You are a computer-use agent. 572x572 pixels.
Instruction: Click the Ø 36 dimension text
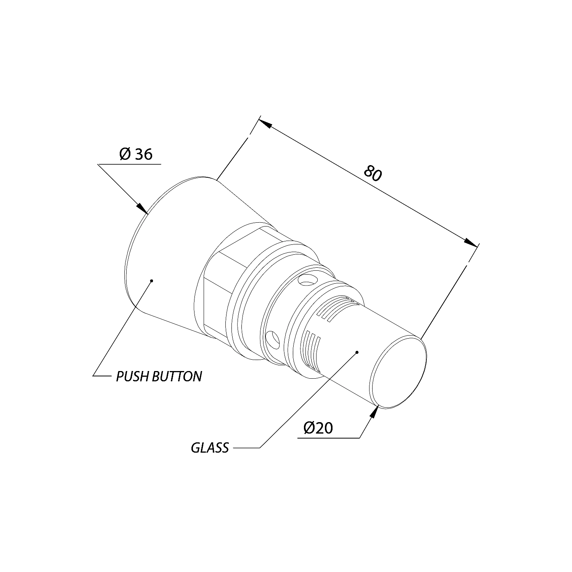[x=136, y=154]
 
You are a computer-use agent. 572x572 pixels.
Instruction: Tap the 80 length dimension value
[x=373, y=173]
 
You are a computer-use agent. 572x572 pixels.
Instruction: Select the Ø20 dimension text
[x=318, y=428]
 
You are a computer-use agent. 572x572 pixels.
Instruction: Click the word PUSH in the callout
[x=133, y=376]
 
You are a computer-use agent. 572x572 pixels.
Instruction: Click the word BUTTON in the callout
[x=177, y=376]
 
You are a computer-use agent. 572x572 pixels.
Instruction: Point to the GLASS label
[x=210, y=447]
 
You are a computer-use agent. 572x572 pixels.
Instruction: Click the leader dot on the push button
[x=152, y=281]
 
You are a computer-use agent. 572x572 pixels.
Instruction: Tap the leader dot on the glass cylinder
[x=357, y=352]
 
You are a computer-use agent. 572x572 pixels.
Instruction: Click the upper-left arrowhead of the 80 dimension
[x=265, y=123]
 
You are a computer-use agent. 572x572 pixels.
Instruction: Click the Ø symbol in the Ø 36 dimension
[x=125, y=154]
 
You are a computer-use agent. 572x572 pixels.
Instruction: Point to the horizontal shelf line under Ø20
[x=328, y=438]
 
